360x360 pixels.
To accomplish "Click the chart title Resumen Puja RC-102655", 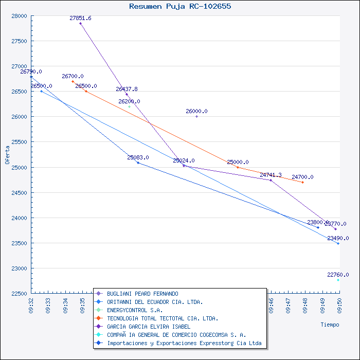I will [180, 7].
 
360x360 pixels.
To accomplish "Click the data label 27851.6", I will [80, 18].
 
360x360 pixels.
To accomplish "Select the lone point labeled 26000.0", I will [196, 117].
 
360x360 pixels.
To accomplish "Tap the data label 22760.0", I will [338, 275].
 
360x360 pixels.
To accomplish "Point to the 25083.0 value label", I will [138, 157].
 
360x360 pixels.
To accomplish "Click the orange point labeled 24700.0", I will [302, 182].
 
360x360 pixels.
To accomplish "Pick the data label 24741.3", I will [271, 175].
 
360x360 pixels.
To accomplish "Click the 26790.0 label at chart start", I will [31, 71].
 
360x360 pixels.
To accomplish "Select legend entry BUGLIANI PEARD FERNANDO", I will [142, 294].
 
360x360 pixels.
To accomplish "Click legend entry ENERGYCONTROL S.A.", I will [135, 310].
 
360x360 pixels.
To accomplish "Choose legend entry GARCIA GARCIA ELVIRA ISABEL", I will [149, 327].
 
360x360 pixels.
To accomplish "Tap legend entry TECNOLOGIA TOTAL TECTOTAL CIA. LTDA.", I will [163, 318].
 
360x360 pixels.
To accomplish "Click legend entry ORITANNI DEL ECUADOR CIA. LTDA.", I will [155, 302].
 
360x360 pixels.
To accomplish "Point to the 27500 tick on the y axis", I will [20, 41].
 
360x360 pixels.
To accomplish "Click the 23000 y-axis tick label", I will [20, 268].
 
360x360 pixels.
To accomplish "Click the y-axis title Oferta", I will [7, 154].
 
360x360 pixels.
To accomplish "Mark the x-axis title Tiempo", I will [330, 325].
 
